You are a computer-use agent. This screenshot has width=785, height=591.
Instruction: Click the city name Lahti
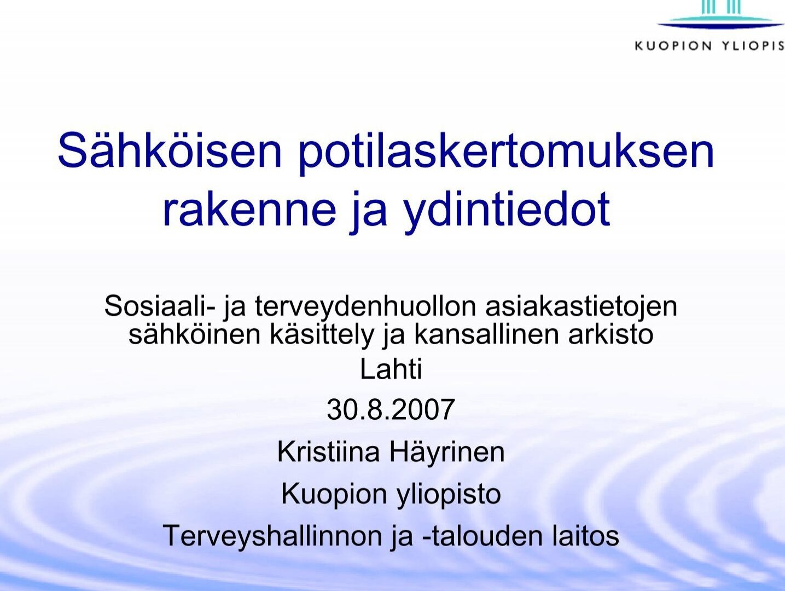[x=391, y=369]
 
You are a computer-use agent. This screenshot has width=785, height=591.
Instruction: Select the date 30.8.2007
[x=391, y=409]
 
